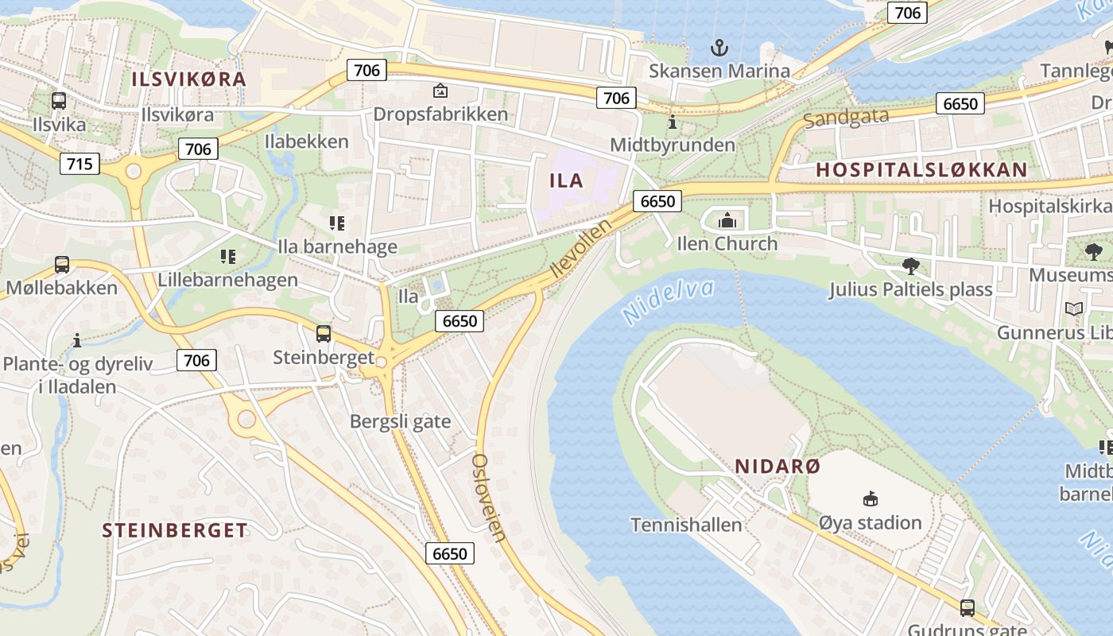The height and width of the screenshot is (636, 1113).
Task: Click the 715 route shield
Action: tap(79, 165)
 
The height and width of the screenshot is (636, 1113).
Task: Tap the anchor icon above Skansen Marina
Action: tap(719, 48)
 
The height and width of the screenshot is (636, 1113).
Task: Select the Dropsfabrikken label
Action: tap(440, 114)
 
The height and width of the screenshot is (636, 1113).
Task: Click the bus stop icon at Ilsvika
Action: tap(58, 101)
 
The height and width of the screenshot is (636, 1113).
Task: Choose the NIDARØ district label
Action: tap(777, 466)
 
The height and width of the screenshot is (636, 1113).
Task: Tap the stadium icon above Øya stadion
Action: tap(871, 499)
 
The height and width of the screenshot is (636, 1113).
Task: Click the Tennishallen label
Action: tap(686, 525)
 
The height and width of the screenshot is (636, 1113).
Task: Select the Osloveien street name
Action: tap(489, 497)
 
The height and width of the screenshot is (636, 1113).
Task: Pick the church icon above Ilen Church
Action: tap(727, 220)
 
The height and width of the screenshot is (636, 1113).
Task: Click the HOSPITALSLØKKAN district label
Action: tap(921, 169)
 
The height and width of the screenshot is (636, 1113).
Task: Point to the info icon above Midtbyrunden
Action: tap(673, 122)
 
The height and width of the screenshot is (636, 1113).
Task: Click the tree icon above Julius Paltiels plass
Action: tap(910, 266)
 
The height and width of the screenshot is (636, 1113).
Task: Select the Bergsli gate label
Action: tap(400, 421)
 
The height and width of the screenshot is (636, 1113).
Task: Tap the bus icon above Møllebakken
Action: tap(61, 264)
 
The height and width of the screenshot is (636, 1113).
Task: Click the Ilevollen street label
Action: tap(580, 249)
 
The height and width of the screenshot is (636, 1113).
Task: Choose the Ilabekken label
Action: tap(306, 142)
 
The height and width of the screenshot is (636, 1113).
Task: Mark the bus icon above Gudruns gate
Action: tap(967, 608)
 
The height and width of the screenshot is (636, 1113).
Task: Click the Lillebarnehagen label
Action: tap(227, 280)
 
